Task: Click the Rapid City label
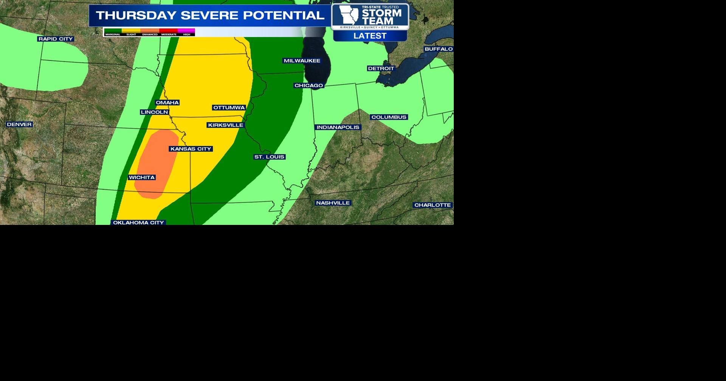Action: point(56,39)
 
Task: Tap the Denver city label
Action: point(19,124)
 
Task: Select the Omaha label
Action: point(167,102)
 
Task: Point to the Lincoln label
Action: point(154,112)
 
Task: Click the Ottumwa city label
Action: point(229,107)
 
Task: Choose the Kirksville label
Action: point(225,125)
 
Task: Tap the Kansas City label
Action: point(191,149)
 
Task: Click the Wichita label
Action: point(142,177)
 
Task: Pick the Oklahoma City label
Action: point(138,223)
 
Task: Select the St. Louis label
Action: point(269,157)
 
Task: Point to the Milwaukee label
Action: point(302,60)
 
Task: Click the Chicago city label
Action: point(309,85)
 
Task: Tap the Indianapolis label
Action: point(338,127)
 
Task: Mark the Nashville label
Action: point(333,203)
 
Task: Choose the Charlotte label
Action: point(433,205)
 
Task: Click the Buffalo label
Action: point(439,49)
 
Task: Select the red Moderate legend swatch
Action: point(169,31)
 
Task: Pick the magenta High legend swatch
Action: point(186,31)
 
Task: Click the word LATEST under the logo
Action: point(370,36)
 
